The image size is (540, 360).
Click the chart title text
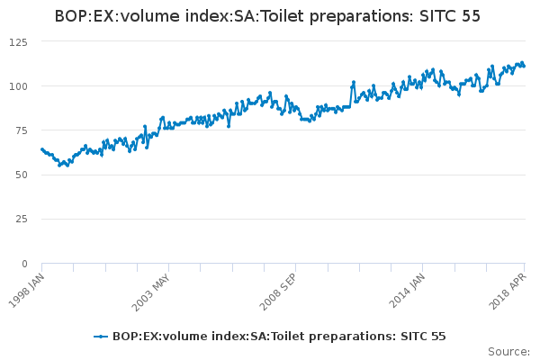click(x=267, y=16)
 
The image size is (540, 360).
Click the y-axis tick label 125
click(x=20, y=42)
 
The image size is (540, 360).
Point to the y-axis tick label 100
click(x=20, y=86)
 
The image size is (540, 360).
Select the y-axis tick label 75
click(x=22, y=130)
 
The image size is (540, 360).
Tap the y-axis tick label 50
click(x=22, y=175)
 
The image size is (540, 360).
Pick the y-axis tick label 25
click(x=22, y=219)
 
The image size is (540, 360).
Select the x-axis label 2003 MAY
click(x=150, y=287)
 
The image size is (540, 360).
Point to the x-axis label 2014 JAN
click(x=404, y=287)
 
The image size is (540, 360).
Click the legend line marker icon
click(x=101, y=337)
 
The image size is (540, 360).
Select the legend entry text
click(x=279, y=337)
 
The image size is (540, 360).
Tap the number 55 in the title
click(x=470, y=16)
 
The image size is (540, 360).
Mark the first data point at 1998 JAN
click(x=42, y=149)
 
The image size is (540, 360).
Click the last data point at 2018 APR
click(x=524, y=66)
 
